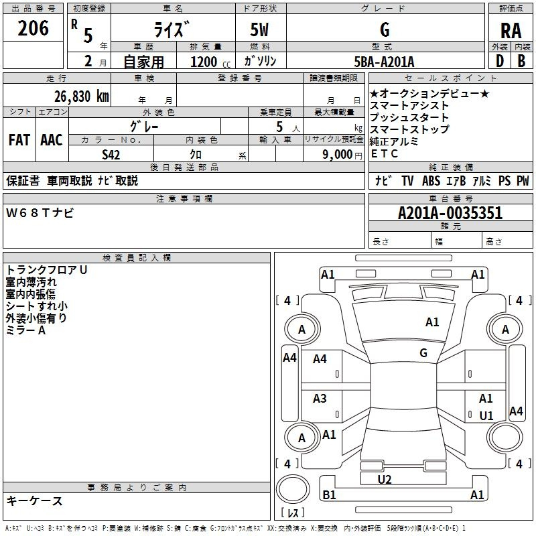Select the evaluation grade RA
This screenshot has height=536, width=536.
(511, 31)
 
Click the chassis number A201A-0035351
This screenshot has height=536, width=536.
(450, 214)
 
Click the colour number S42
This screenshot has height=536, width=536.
(111, 154)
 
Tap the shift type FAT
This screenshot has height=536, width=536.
(19, 140)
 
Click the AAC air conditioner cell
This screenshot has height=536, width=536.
(52, 140)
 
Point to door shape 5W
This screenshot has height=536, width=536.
(261, 30)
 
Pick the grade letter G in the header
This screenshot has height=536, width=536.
(385, 30)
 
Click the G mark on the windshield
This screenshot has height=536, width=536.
(423, 352)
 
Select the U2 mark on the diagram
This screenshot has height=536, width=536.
(385, 479)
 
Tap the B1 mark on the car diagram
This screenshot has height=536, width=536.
(329, 495)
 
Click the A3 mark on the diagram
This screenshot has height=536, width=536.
(320, 399)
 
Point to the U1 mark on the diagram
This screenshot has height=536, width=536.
(486, 415)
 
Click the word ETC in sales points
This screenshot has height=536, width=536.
(384, 153)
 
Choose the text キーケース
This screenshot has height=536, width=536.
(35, 501)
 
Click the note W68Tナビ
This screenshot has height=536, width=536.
(40, 213)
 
